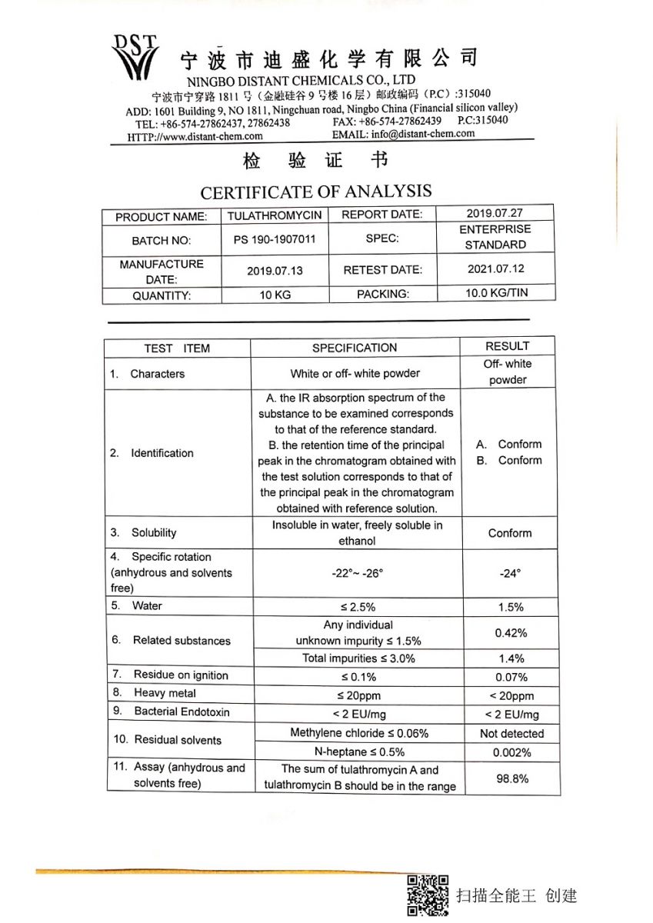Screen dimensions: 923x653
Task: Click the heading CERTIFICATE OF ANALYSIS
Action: tap(316, 192)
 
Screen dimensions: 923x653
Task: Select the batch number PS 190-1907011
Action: tap(275, 239)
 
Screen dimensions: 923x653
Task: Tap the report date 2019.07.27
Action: tap(496, 213)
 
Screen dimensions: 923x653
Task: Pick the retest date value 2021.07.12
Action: tap(496, 269)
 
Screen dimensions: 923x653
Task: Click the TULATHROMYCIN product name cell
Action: tap(275, 216)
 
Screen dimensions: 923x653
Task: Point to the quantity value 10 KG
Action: tap(275, 295)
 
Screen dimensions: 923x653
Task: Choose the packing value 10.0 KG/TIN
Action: tap(496, 293)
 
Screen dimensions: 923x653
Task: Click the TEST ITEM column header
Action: tap(176, 348)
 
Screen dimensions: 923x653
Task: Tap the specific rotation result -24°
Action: tap(509, 573)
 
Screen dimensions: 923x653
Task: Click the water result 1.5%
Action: tap(511, 607)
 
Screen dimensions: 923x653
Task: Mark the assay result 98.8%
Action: tap(512, 778)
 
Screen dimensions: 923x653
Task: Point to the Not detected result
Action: tap(511, 734)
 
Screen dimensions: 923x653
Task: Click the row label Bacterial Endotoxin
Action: tap(182, 711)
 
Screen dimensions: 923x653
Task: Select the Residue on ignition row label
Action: tap(181, 675)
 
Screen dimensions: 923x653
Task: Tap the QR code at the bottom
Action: tap(428, 895)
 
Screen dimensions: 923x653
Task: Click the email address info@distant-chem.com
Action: tap(423, 134)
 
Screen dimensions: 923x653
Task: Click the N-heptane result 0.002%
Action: tap(511, 753)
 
